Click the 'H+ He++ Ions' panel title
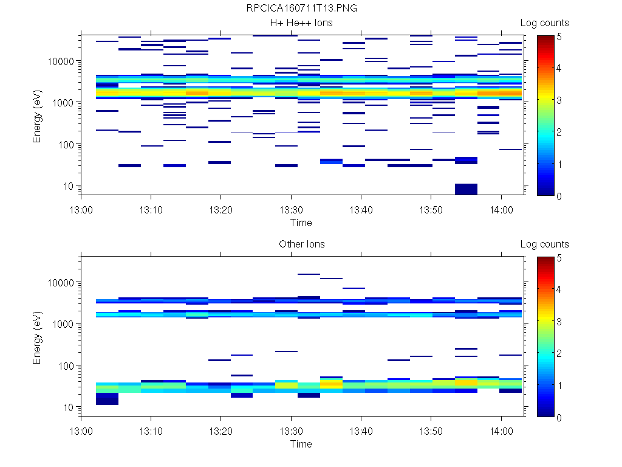pyautogui.click(x=301, y=23)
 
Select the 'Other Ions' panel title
pyautogui.click(x=301, y=244)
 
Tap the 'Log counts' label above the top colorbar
pyautogui.click(x=544, y=23)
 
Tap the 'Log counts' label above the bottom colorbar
pyautogui.click(x=544, y=244)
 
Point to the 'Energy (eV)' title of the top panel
pyautogui.click(x=38, y=116)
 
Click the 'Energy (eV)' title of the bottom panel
pyautogui.click(x=38, y=337)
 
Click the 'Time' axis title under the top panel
pyautogui.click(x=301, y=223)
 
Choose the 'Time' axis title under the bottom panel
pyautogui.click(x=301, y=444)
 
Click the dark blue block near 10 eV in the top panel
pyautogui.click(x=466, y=189)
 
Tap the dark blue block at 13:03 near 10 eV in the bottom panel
pyautogui.click(x=107, y=398)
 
